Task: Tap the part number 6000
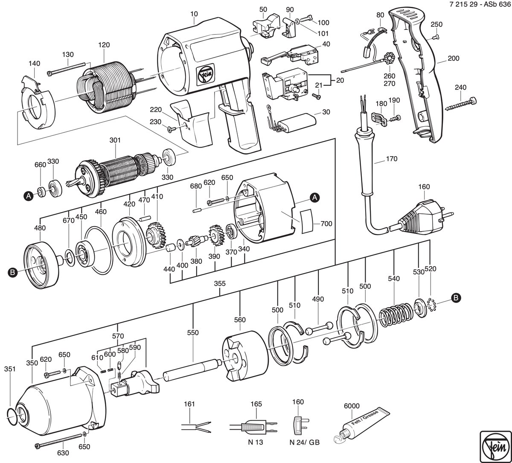click(352, 405)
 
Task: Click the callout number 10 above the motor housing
click(194, 14)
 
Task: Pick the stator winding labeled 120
click(106, 87)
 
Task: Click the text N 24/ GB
click(304, 443)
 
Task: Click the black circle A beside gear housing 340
click(315, 197)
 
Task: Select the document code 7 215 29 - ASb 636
click(480, 5)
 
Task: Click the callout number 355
click(220, 283)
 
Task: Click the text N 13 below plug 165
click(256, 442)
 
